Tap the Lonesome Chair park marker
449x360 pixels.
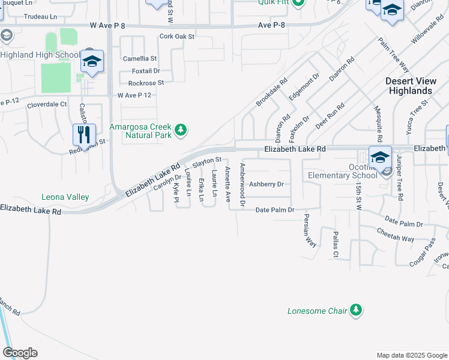click(x=357, y=310)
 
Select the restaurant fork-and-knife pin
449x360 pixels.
click(x=84, y=134)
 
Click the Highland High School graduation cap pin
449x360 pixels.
click(x=92, y=62)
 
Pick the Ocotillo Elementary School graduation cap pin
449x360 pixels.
click(x=379, y=158)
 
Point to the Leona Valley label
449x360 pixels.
click(x=65, y=197)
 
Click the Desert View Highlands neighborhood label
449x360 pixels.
click(x=409, y=86)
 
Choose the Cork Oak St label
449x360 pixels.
click(x=177, y=37)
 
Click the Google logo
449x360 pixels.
click(x=20, y=353)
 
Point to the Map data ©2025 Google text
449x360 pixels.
click(x=411, y=355)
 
